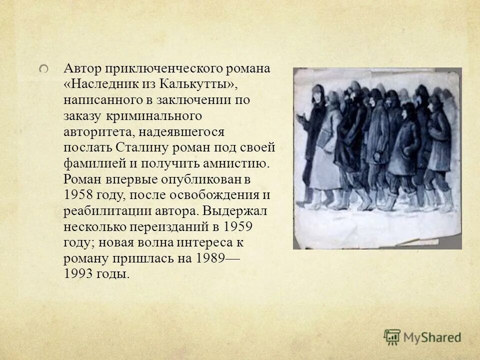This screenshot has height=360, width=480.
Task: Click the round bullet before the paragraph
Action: click(44, 68)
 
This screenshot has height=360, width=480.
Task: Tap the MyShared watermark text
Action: click(432, 337)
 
